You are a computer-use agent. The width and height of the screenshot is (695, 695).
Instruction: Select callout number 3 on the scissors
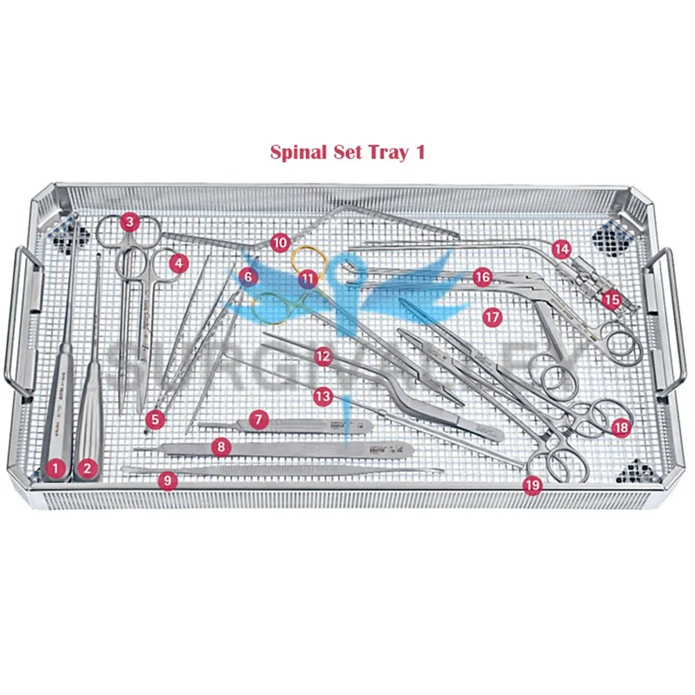[x=129, y=222]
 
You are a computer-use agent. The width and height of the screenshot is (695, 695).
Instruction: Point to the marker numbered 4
[x=179, y=263]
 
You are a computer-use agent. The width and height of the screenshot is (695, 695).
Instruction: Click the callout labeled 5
[x=156, y=419]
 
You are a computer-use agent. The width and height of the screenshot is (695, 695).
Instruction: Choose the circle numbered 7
[x=258, y=419]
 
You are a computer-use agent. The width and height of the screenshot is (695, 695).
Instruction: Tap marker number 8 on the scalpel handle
[x=220, y=447]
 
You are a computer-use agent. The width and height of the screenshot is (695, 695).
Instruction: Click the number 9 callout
[x=166, y=480]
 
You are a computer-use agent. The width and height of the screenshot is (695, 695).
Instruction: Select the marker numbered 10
[x=279, y=243]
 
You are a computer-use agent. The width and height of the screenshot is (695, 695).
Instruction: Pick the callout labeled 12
[x=322, y=357]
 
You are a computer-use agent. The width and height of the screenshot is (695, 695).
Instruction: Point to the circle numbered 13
[x=322, y=397]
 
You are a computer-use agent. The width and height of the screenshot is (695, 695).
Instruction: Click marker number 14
[x=562, y=248]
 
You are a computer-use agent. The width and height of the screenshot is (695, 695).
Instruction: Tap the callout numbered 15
[x=611, y=300]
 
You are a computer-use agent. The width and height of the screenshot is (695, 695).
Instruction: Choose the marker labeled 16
[x=482, y=277]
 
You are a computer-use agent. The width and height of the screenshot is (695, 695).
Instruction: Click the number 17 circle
[x=492, y=317]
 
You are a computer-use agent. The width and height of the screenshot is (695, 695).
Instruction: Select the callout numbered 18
[x=620, y=427]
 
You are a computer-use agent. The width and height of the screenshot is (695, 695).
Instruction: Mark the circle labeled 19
[x=532, y=486]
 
